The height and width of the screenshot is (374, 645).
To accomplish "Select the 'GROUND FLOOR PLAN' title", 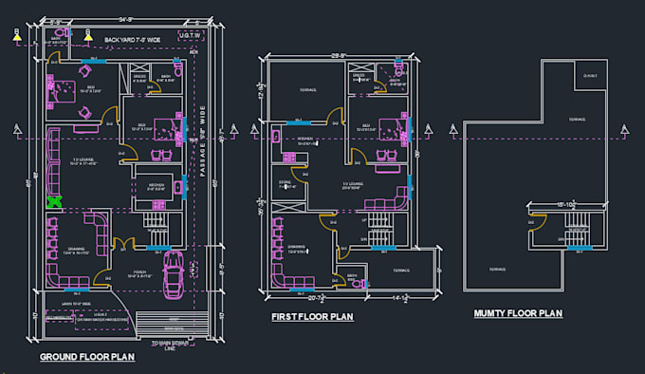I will [x=86, y=357].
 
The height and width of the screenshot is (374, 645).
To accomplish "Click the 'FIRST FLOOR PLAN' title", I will [x=314, y=317].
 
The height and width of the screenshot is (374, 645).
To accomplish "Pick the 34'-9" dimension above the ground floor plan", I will [x=126, y=18].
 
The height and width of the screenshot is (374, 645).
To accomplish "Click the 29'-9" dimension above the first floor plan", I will [x=338, y=56].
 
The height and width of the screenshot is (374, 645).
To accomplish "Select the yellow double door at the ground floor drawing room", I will [x=121, y=246].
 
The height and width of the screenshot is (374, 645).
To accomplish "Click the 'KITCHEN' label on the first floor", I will [x=305, y=138].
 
